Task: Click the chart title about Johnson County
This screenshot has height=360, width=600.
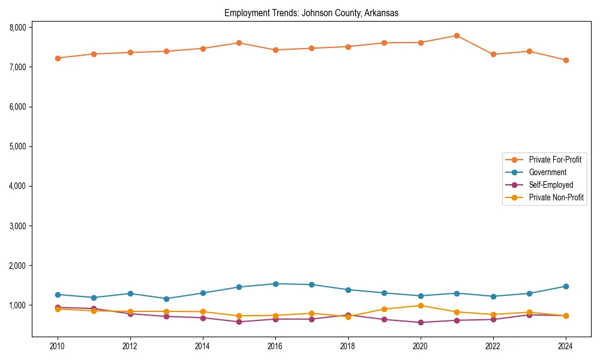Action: point(311,13)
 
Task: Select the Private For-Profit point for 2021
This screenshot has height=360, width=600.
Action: point(457,35)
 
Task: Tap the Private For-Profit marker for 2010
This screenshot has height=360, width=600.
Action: point(58,58)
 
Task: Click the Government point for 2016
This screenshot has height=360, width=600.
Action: point(275,284)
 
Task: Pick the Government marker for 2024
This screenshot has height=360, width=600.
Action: point(566,286)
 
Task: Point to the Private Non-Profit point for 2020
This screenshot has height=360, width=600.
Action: point(421,305)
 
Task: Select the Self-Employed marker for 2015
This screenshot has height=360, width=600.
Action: point(239,322)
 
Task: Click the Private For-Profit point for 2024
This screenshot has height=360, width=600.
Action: point(566,60)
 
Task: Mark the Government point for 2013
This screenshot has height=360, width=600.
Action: point(166,299)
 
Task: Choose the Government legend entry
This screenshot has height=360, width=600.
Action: point(547,172)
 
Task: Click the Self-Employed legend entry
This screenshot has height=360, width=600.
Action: point(551,185)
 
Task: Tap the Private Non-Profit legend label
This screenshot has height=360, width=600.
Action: point(556,197)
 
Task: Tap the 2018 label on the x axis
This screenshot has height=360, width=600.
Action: point(348,346)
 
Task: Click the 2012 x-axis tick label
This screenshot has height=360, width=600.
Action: point(130,346)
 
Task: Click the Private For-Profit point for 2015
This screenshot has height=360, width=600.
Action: point(239,43)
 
